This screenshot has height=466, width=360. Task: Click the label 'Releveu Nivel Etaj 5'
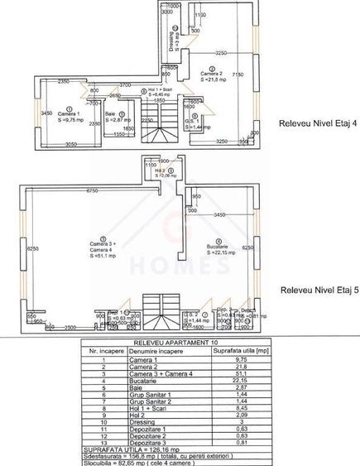(318, 291)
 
